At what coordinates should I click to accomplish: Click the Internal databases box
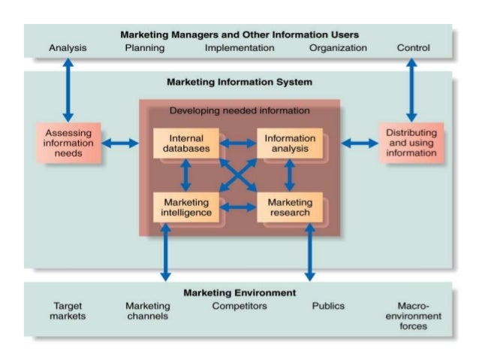click(x=186, y=144)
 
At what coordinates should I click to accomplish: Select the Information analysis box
click(x=290, y=144)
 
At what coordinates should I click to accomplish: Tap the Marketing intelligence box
click(x=186, y=207)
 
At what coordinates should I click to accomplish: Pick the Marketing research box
click(x=290, y=207)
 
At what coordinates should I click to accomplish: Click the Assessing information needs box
click(x=68, y=143)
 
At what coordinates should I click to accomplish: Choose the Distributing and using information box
click(x=411, y=143)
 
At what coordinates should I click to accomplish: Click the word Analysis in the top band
click(x=68, y=48)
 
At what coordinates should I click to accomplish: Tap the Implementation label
click(x=239, y=48)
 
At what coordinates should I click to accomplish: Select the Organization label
click(x=338, y=48)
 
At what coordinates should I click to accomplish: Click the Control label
click(x=413, y=48)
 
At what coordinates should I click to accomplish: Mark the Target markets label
click(x=68, y=311)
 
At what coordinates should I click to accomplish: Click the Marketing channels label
click(x=147, y=311)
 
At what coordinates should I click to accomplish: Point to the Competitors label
click(x=239, y=306)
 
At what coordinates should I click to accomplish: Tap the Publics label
click(x=328, y=306)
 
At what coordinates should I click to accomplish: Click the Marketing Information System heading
click(x=239, y=82)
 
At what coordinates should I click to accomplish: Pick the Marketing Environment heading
click(x=239, y=292)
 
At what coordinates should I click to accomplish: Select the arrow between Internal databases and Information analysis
click(x=238, y=143)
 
